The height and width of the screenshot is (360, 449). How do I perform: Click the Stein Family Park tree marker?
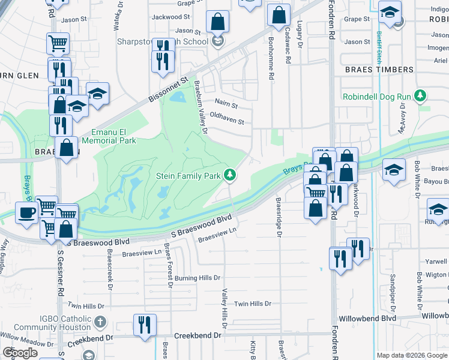[229, 175]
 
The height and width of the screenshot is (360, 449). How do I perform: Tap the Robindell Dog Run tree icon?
[421, 96]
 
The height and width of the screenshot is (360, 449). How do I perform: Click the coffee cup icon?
[26, 212]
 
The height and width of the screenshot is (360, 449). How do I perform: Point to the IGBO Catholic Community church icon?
[100, 322]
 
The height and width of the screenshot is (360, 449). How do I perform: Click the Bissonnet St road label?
[169, 88]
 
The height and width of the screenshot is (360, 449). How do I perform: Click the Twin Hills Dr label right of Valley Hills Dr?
[253, 304]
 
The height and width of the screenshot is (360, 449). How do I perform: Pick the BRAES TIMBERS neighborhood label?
[379, 70]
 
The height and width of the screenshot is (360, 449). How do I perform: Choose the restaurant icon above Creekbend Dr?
[145, 325]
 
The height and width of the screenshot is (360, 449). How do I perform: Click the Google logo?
[20, 353]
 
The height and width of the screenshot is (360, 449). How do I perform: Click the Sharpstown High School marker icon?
[218, 41]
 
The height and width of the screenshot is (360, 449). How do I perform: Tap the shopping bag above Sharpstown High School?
[218, 22]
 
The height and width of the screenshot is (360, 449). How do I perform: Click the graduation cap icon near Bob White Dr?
[394, 170]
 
